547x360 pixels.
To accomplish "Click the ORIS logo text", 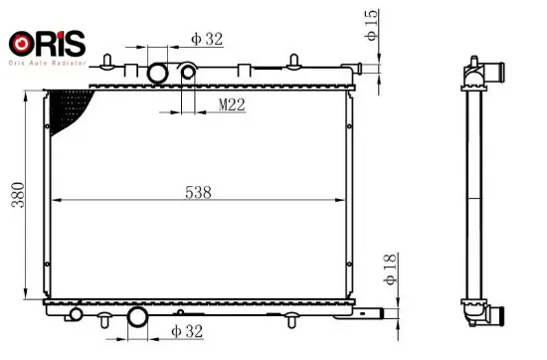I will (47, 43).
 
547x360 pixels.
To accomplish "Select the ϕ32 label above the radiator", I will (208, 40).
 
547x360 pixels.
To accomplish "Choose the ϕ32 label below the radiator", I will (188, 330).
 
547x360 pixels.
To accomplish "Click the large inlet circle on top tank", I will (158, 74).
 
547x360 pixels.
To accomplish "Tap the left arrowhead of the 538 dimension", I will (55, 201).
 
